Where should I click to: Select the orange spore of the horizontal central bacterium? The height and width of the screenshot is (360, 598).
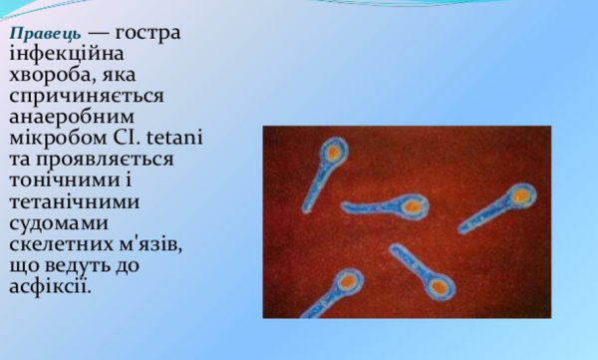point(411,206)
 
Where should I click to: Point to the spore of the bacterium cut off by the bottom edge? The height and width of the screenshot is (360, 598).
point(344,282)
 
